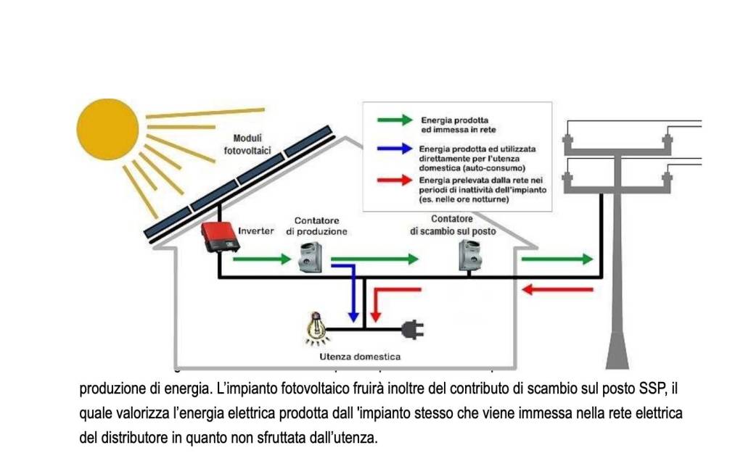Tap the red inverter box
coord(220,236)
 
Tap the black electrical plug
coord(413,330)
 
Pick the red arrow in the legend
coord(395,180)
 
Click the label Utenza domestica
coord(360,357)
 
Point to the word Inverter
coord(256,231)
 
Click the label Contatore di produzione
coord(316,225)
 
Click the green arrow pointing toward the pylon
coord(557,259)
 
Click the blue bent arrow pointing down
coord(350,290)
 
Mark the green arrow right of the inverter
coord(262,259)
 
